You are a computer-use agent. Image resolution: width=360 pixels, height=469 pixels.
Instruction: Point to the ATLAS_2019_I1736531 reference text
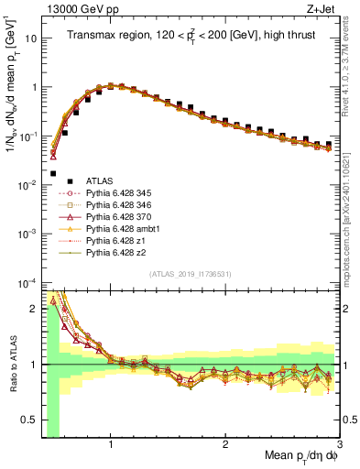tap(190, 274)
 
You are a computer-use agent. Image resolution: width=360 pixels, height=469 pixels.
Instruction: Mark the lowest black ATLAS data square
tap(53, 172)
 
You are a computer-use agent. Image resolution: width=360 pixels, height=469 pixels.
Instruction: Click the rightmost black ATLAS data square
tap(329, 144)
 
